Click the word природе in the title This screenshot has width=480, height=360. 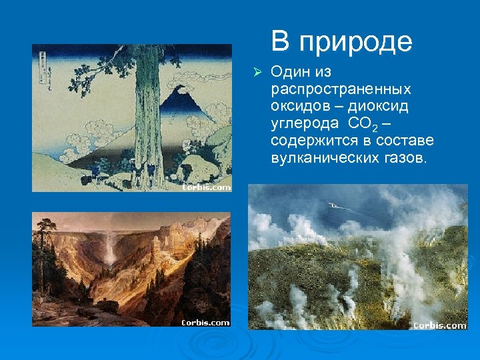point(355,43)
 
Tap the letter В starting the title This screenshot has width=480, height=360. point(280,41)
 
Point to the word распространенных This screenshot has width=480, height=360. point(339,89)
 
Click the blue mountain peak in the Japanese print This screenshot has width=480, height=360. point(177,100)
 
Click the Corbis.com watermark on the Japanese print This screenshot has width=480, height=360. point(206,187)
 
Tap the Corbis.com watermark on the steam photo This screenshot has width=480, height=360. point(439,325)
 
